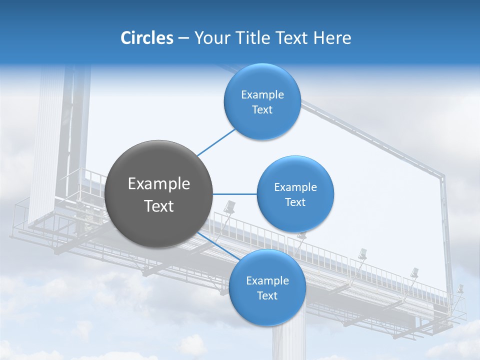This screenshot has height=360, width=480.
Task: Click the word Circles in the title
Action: [x=146, y=38]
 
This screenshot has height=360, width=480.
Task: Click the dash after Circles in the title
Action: [x=183, y=38]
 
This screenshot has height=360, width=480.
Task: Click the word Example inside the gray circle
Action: [x=159, y=184]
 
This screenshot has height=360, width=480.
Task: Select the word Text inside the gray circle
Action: [x=159, y=206]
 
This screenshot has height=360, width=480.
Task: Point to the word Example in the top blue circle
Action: [x=262, y=95]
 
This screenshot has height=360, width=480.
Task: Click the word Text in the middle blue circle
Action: [x=295, y=202]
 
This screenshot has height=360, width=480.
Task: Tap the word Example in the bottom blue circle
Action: [x=267, y=281]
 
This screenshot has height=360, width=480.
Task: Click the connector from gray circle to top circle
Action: [x=216, y=142]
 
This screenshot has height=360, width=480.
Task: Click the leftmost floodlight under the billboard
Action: [x=229, y=206]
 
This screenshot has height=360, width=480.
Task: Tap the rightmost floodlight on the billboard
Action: [x=459, y=289]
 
